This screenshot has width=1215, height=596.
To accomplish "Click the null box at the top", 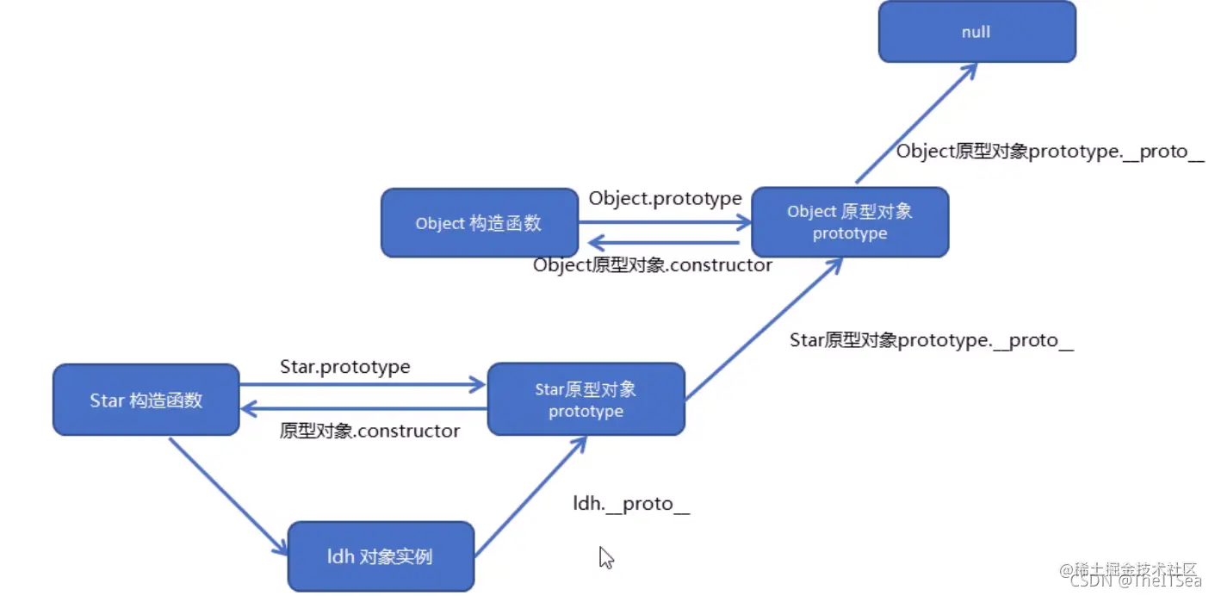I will click(976, 32).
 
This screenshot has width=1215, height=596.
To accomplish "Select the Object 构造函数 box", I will click(479, 223).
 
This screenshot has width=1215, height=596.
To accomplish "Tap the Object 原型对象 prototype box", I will click(850, 222).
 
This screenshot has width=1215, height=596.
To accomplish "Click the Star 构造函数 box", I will click(146, 400).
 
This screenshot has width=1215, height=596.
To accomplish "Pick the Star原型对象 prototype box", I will click(586, 400).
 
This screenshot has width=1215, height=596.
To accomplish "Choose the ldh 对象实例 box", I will click(380, 556).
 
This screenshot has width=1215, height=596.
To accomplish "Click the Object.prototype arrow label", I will click(665, 199).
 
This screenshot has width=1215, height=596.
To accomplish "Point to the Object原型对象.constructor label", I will click(652, 265).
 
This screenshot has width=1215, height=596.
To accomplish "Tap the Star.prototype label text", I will click(344, 367).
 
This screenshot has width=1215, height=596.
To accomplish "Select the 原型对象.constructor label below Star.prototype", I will click(369, 431).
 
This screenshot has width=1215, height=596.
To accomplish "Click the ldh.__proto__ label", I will click(631, 504).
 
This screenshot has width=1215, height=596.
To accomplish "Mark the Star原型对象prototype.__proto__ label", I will click(932, 340).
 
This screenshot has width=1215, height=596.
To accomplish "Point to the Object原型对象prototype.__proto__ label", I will click(1050, 152).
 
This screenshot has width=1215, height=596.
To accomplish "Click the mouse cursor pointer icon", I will click(606, 557).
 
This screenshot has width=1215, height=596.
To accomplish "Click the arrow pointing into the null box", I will click(917, 122).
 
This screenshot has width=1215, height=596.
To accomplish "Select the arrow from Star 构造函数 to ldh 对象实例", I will click(228, 496).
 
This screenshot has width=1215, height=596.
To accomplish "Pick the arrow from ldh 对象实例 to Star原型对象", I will click(530, 496).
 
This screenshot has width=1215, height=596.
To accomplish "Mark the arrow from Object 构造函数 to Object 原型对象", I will click(665, 222).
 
